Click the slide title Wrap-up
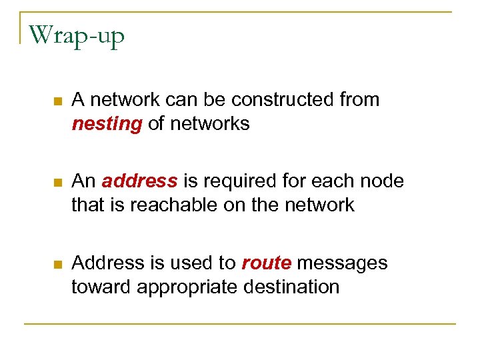click(x=77, y=35)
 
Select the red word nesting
click(x=107, y=124)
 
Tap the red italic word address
click(x=140, y=181)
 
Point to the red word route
click(x=266, y=263)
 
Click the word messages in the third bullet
click(x=342, y=263)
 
